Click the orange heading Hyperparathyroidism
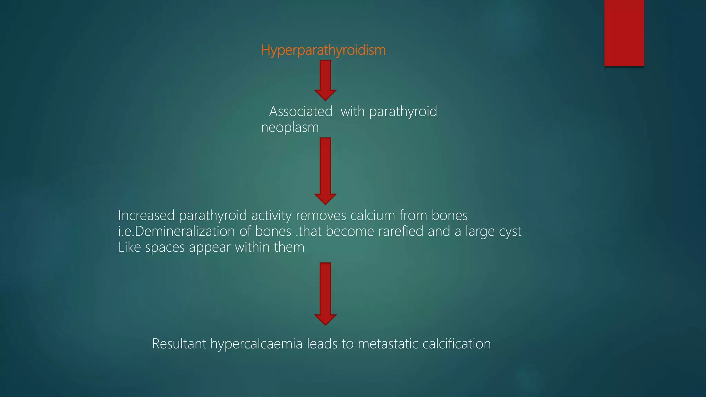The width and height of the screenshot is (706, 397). click(323, 50)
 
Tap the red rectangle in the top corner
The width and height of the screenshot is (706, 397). click(624, 33)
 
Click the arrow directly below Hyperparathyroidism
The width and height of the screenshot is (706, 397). click(325, 80)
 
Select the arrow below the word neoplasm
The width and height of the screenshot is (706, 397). click(325, 171)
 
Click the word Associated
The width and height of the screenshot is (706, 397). click(301, 112)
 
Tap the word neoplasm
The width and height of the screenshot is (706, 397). click(290, 128)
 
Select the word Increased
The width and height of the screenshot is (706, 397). click(146, 215)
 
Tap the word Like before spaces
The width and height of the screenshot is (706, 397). click(129, 247)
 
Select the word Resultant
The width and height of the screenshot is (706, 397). click(179, 344)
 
